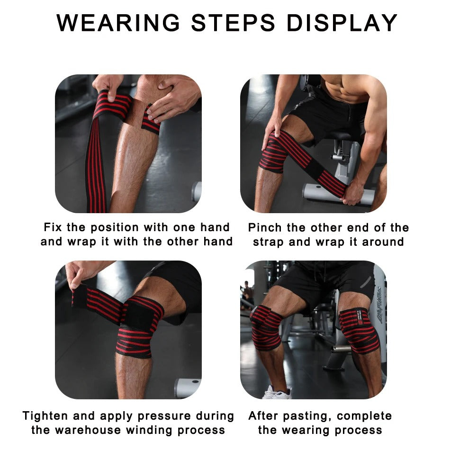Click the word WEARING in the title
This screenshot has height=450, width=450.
click(x=118, y=23)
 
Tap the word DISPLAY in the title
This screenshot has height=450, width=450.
click(x=342, y=23)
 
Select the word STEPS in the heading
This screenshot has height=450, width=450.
click(x=233, y=23)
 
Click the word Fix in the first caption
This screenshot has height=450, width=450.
click(x=53, y=227)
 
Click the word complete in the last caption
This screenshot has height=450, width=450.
click(x=364, y=416)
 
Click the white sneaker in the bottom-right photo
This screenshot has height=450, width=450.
click(x=276, y=393)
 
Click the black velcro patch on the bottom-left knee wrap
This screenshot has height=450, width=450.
click(x=139, y=315)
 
